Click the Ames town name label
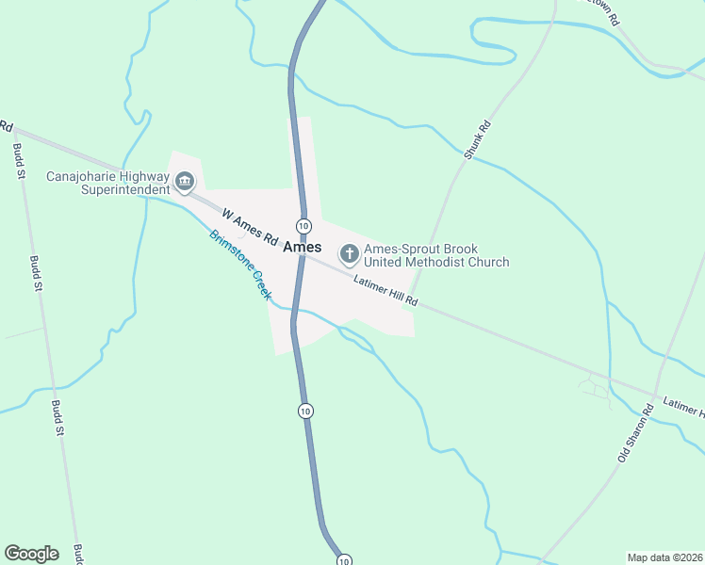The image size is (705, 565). pos(302,248)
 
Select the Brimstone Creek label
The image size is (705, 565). pos(240,265)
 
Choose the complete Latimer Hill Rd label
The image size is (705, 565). pos(386,292)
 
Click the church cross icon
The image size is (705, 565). pos(349,253)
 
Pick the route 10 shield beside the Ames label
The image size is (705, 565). pos(303,226)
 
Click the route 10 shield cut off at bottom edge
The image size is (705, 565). pos(344,560)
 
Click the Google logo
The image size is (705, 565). pos(31,554)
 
